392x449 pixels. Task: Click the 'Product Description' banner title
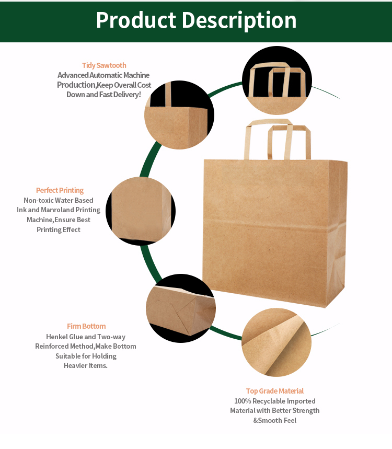(196, 20)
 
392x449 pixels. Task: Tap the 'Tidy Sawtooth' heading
(104, 65)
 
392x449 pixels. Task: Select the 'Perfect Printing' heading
(60, 190)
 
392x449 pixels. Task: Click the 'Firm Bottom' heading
(86, 326)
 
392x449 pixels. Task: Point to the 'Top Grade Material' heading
(274, 391)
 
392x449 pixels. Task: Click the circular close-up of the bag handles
(277, 80)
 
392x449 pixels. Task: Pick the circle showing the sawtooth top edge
(179, 115)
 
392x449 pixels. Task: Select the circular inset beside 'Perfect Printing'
(141, 211)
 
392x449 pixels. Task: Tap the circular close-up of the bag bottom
(181, 308)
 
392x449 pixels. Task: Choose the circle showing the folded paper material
(276, 342)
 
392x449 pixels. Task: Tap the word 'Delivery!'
(127, 95)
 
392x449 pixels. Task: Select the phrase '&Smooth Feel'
(275, 420)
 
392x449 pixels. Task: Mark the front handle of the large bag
(289, 142)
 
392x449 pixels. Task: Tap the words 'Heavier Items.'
(86, 366)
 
